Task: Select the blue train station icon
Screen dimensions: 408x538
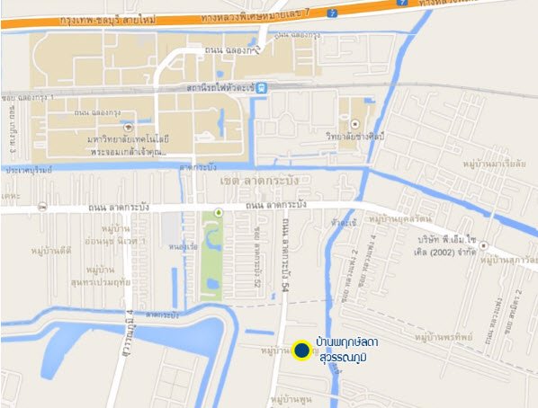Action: click(260, 88)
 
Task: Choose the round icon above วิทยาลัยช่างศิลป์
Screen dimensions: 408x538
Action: click(355, 124)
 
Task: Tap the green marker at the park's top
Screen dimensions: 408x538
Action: click(217, 213)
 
